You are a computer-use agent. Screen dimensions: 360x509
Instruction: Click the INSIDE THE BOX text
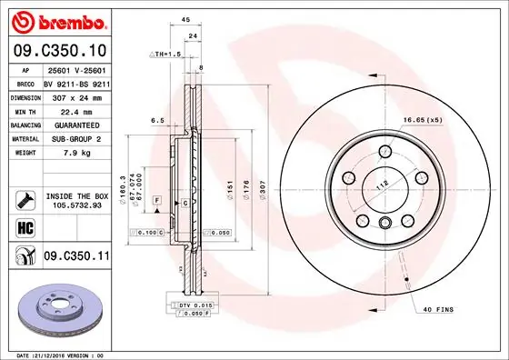coord(75,196)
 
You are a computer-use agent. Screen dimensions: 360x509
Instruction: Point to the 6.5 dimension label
coord(156,119)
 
